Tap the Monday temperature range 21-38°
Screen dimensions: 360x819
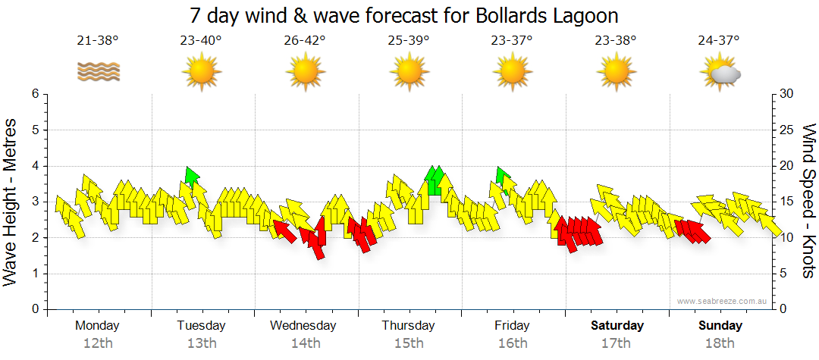[x=98, y=41]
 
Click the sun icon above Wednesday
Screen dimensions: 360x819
[x=305, y=73]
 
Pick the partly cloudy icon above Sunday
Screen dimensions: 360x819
[x=720, y=73]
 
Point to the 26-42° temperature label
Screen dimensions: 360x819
[x=305, y=41]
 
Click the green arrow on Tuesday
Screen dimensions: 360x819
[x=192, y=177]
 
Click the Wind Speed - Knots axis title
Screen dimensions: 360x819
[x=808, y=202]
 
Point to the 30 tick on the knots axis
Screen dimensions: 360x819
[x=788, y=94]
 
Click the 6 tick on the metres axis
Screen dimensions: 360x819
[x=34, y=94]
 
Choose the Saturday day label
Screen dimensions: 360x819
[x=617, y=326]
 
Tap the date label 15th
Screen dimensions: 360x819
[x=409, y=343]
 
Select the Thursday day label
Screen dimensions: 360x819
[x=409, y=326]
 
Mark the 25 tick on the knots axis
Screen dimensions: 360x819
[x=788, y=130]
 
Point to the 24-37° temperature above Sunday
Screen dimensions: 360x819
[x=720, y=41]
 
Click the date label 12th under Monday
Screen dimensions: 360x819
[x=98, y=343]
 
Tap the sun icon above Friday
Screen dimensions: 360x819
[x=513, y=73]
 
